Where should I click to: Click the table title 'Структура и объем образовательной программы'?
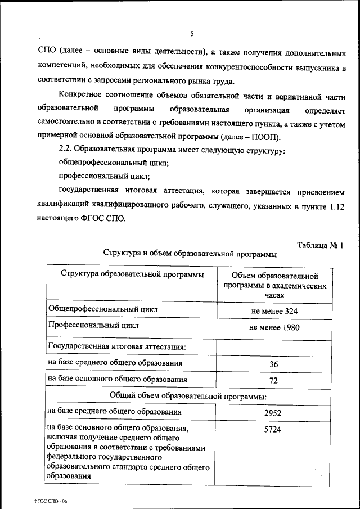click(190, 254)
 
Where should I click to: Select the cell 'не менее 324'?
click(274, 310)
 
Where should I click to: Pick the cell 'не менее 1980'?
click(274, 327)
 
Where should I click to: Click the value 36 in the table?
click(274, 364)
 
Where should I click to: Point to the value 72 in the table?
click(274, 381)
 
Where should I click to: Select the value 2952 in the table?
click(274, 413)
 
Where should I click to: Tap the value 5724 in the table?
click(274, 430)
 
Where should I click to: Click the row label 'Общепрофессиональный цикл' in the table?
click(103, 309)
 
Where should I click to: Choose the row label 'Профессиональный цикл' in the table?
click(93, 326)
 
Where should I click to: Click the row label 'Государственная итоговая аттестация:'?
click(117, 346)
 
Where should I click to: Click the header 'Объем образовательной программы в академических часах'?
click(274, 285)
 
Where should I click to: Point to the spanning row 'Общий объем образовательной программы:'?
click(188, 396)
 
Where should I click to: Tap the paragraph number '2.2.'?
click(66, 151)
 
